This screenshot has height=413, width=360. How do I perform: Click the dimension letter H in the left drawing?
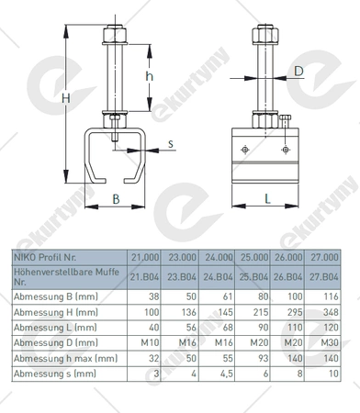point(66,98)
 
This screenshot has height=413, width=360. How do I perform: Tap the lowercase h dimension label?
point(149,75)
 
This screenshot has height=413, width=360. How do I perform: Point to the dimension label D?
point(298,72)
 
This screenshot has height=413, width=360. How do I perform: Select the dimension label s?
point(171,143)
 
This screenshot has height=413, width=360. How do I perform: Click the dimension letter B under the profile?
point(116,199)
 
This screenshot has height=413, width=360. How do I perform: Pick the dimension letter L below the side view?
point(267,199)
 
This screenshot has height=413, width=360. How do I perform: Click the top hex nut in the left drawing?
point(115,35)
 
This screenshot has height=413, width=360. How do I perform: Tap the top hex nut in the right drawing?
point(265,35)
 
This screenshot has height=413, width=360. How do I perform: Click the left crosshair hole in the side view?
point(245,150)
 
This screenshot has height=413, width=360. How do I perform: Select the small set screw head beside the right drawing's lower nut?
point(285,117)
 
